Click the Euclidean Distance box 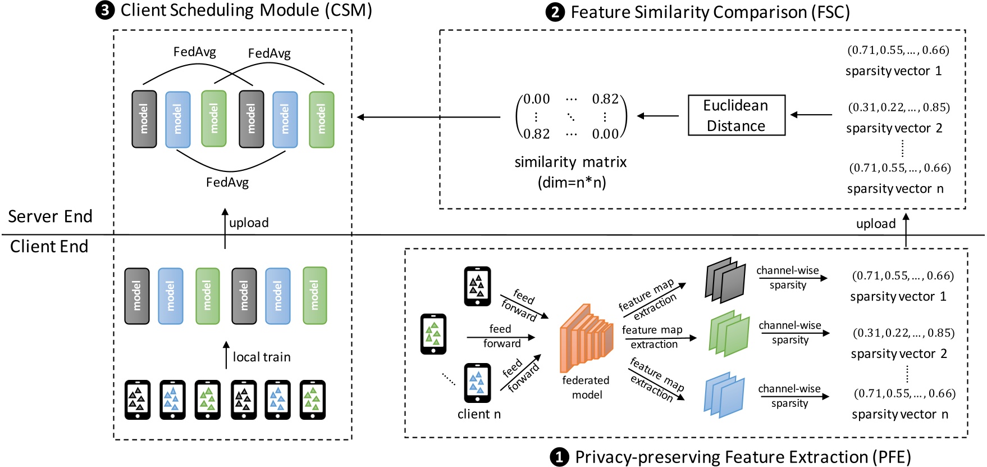click(x=736, y=115)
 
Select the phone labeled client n click(x=477, y=383)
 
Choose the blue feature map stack click(x=724, y=395)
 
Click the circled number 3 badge click(x=105, y=11)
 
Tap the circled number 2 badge click(x=555, y=12)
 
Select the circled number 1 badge click(x=559, y=457)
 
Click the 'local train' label click(x=262, y=357)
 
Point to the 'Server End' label click(x=50, y=216)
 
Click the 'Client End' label click(x=49, y=246)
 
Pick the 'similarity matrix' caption click(x=570, y=162)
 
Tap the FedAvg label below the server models click(x=227, y=182)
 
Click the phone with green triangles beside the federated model click(x=433, y=334)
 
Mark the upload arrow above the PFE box click(x=906, y=230)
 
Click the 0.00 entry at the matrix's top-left click(x=537, y=99)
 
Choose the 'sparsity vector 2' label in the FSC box click(x=894, y=128)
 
